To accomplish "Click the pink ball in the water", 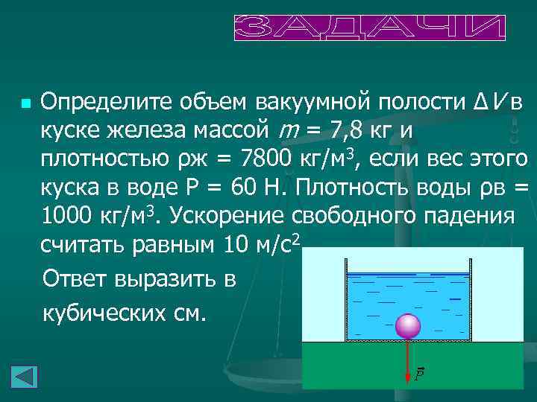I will pyautogui.click(x=407, y=326).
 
